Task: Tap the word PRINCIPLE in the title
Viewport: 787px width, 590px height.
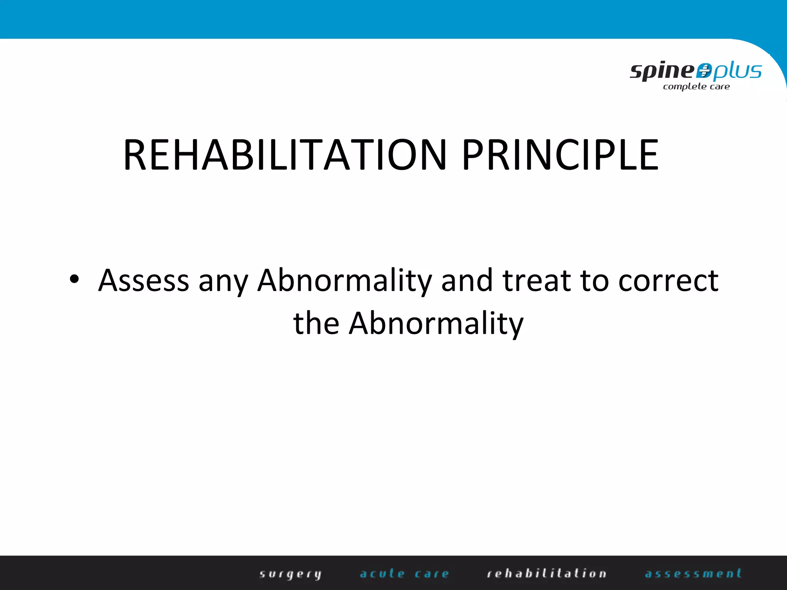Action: coord(561,155)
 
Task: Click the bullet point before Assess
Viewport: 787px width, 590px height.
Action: coord(74,280)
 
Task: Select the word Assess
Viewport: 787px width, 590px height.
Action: coord(144,280)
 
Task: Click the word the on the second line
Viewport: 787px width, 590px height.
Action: coord(316,323)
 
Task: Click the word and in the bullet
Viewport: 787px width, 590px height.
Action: coord(467,280)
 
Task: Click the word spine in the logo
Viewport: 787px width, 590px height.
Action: coord(662,71)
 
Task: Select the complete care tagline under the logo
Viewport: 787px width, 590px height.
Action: coord(696,87)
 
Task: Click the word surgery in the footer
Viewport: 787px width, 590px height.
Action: coord(290,574)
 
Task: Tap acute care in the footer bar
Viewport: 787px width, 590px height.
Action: coord(404,573)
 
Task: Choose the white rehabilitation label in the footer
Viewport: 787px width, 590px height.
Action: coord(546,573)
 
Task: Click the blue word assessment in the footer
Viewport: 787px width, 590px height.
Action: coord(693,573)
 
